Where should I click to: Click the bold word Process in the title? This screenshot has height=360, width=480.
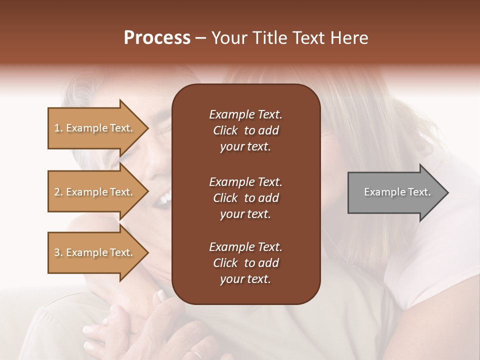pyautogui.click(x=157, y=38)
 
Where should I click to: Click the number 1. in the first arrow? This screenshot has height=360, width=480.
pyautogui.click(x=58, y=128)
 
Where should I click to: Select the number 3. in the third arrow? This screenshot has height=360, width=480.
pyautogui.click(x=58, y=253)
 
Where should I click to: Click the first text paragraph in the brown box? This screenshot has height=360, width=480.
pyautogui.click(x=245, y=130)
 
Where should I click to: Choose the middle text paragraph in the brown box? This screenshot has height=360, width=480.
pyautogui.click(x=245, y=198)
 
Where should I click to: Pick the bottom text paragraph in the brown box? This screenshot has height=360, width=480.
pyautogui.click(x=245, y=263)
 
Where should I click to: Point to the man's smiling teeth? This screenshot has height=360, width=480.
pyautogui.click(x=163, y=200)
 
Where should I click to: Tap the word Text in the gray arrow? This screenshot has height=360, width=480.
pyautogui.click(x=419, y=192)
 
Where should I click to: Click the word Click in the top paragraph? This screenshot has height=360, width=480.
pyautogui.click(x=225, y=130)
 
